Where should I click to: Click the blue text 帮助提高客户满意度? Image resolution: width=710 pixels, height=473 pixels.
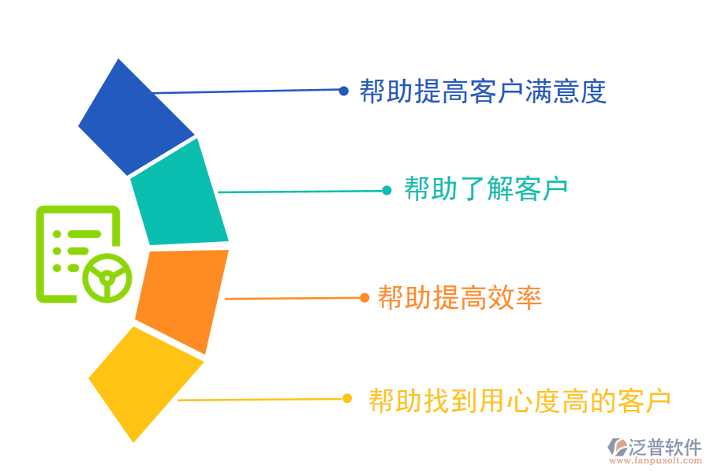click(x=483, y=91)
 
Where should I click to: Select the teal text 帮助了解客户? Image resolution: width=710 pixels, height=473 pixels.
click(x=486, y=188)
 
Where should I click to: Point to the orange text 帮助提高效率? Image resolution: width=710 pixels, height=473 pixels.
click(x=460, y=297)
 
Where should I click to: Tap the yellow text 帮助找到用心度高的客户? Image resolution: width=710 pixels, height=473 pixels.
click(x=519, y=400)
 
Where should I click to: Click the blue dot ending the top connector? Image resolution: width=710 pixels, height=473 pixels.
click(x=344, y=91)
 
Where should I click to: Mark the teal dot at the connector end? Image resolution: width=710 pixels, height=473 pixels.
click(x=387, y=191)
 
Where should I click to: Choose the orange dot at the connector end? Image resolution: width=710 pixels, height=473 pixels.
click(x=364, y=298)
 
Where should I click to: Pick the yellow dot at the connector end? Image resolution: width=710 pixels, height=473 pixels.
click(x=347, y=398)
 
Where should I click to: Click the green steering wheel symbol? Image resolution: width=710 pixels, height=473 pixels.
click(x=107, y=278)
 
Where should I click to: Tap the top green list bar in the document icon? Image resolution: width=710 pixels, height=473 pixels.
click(x=84, y=234)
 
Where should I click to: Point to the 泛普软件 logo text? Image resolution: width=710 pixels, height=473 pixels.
click(x=665, y=447)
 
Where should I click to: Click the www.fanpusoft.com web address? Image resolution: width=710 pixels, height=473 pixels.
click(x=656, y=460)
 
